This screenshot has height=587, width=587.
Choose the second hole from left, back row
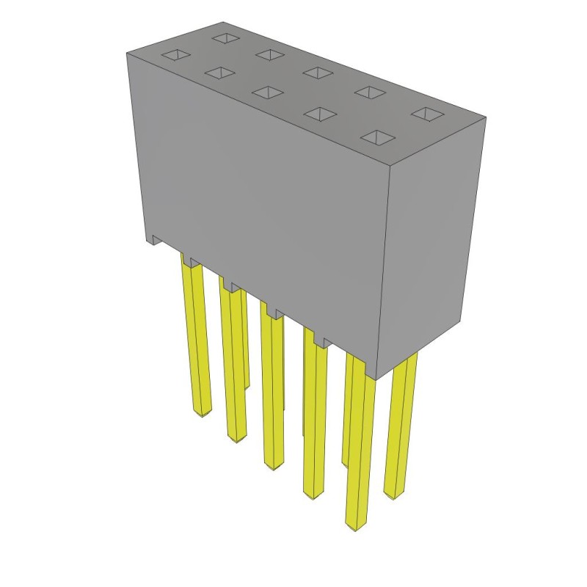coord(269,54)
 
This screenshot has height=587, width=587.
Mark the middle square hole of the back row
coord(317,71)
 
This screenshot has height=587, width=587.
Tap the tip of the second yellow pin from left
coord(237,439)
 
